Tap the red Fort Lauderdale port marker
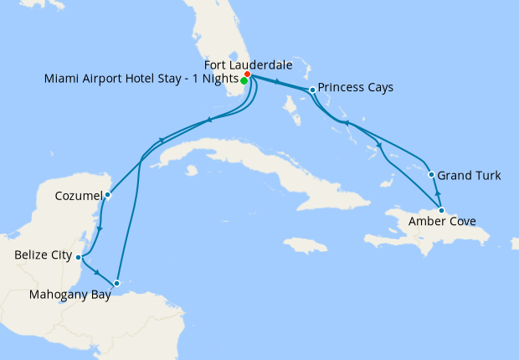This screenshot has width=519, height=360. (x=248, y=75)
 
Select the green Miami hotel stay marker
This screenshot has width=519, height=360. (x=244, y=80)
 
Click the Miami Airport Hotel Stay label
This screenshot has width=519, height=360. (x=141, y=80)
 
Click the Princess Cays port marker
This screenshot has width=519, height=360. (x=312, y=90)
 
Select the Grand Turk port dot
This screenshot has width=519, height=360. (x=431, y=175)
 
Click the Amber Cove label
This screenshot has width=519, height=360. (x=443, y=222)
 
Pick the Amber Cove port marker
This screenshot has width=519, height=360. (x=441, y=210)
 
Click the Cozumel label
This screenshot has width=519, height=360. (x=78, y=196)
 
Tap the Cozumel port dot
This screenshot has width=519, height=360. (x=107, y=195)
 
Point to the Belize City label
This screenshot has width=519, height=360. (x=43, y=256)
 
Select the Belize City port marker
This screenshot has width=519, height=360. (x=78, y=257)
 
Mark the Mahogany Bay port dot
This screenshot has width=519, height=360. (x=117, y=283)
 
